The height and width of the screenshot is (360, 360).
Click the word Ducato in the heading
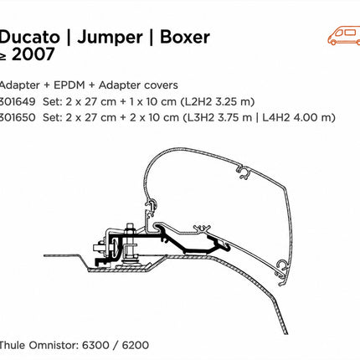click(x=29, y=37)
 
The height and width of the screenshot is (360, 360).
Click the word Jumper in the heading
click(x=110, y=38)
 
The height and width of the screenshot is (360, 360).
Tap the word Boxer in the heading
click(x=185, y=37)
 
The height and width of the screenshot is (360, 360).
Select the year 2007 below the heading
click(x=33, y=54)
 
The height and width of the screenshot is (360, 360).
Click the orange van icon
click(x=344, y=35)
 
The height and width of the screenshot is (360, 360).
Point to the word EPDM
click(x=69, y=85)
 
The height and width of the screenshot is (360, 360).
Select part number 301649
click(x=18, y=101)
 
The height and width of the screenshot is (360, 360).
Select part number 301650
click(x=18, y=117)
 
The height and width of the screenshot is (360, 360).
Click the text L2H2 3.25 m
click(x=218, y=101)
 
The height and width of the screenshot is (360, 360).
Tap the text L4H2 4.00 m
click(x=299, y=117)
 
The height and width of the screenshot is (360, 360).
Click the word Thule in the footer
click(x=12, y=345)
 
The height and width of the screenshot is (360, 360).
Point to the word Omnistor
click(x=54, y=345)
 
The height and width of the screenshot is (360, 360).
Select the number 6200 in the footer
click(x=136, y=345)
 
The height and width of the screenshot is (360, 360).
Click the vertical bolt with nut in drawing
click(x=130, y=243)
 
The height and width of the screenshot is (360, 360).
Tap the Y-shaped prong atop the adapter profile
click(x=202, y=229)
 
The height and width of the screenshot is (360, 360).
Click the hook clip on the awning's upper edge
click(x=244, y=172)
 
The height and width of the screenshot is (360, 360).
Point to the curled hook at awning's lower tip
click(x=282, y=272)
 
